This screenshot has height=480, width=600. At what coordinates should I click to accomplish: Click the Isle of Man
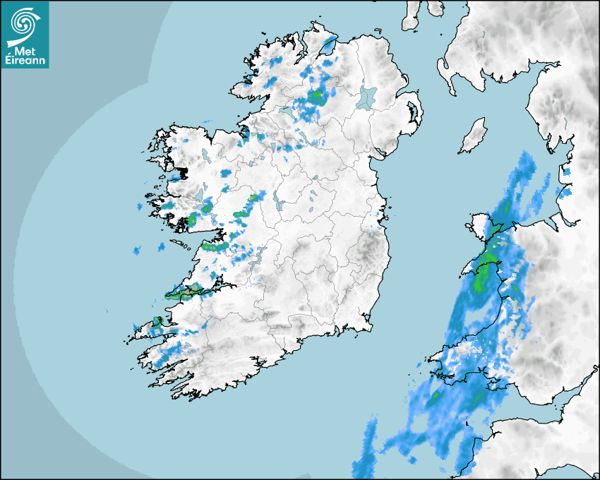click(474, 136)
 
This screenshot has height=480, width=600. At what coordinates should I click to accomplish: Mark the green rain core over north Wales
click(486, 269)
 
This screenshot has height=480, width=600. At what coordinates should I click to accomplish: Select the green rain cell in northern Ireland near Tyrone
click(316, 97)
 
